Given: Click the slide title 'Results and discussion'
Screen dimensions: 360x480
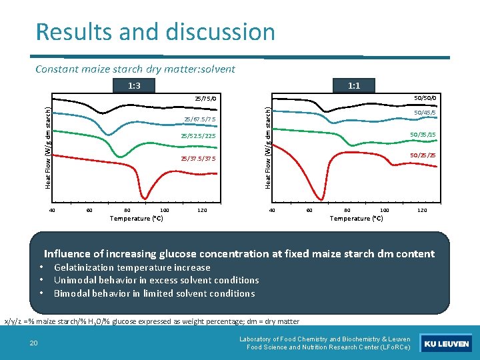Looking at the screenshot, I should pos(155,32).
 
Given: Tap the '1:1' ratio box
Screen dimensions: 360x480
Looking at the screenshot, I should pos(354,85).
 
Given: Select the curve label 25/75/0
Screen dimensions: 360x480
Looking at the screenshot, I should pos(206,99).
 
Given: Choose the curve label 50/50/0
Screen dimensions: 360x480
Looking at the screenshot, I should pos(425,98).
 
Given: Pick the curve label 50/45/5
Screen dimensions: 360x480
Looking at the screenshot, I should pos(425,113).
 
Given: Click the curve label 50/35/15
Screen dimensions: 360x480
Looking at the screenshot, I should pos(423,135).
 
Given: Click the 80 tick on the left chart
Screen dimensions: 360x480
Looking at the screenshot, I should pos(127,211).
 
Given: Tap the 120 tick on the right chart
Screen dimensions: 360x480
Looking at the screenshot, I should pos(421,211).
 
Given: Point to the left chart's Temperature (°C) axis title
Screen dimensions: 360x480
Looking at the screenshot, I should pos(137,218).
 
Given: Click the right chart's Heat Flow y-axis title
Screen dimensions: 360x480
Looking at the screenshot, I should pos(267,147).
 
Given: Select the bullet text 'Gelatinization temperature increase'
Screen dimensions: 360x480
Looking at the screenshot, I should pos(132,267).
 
